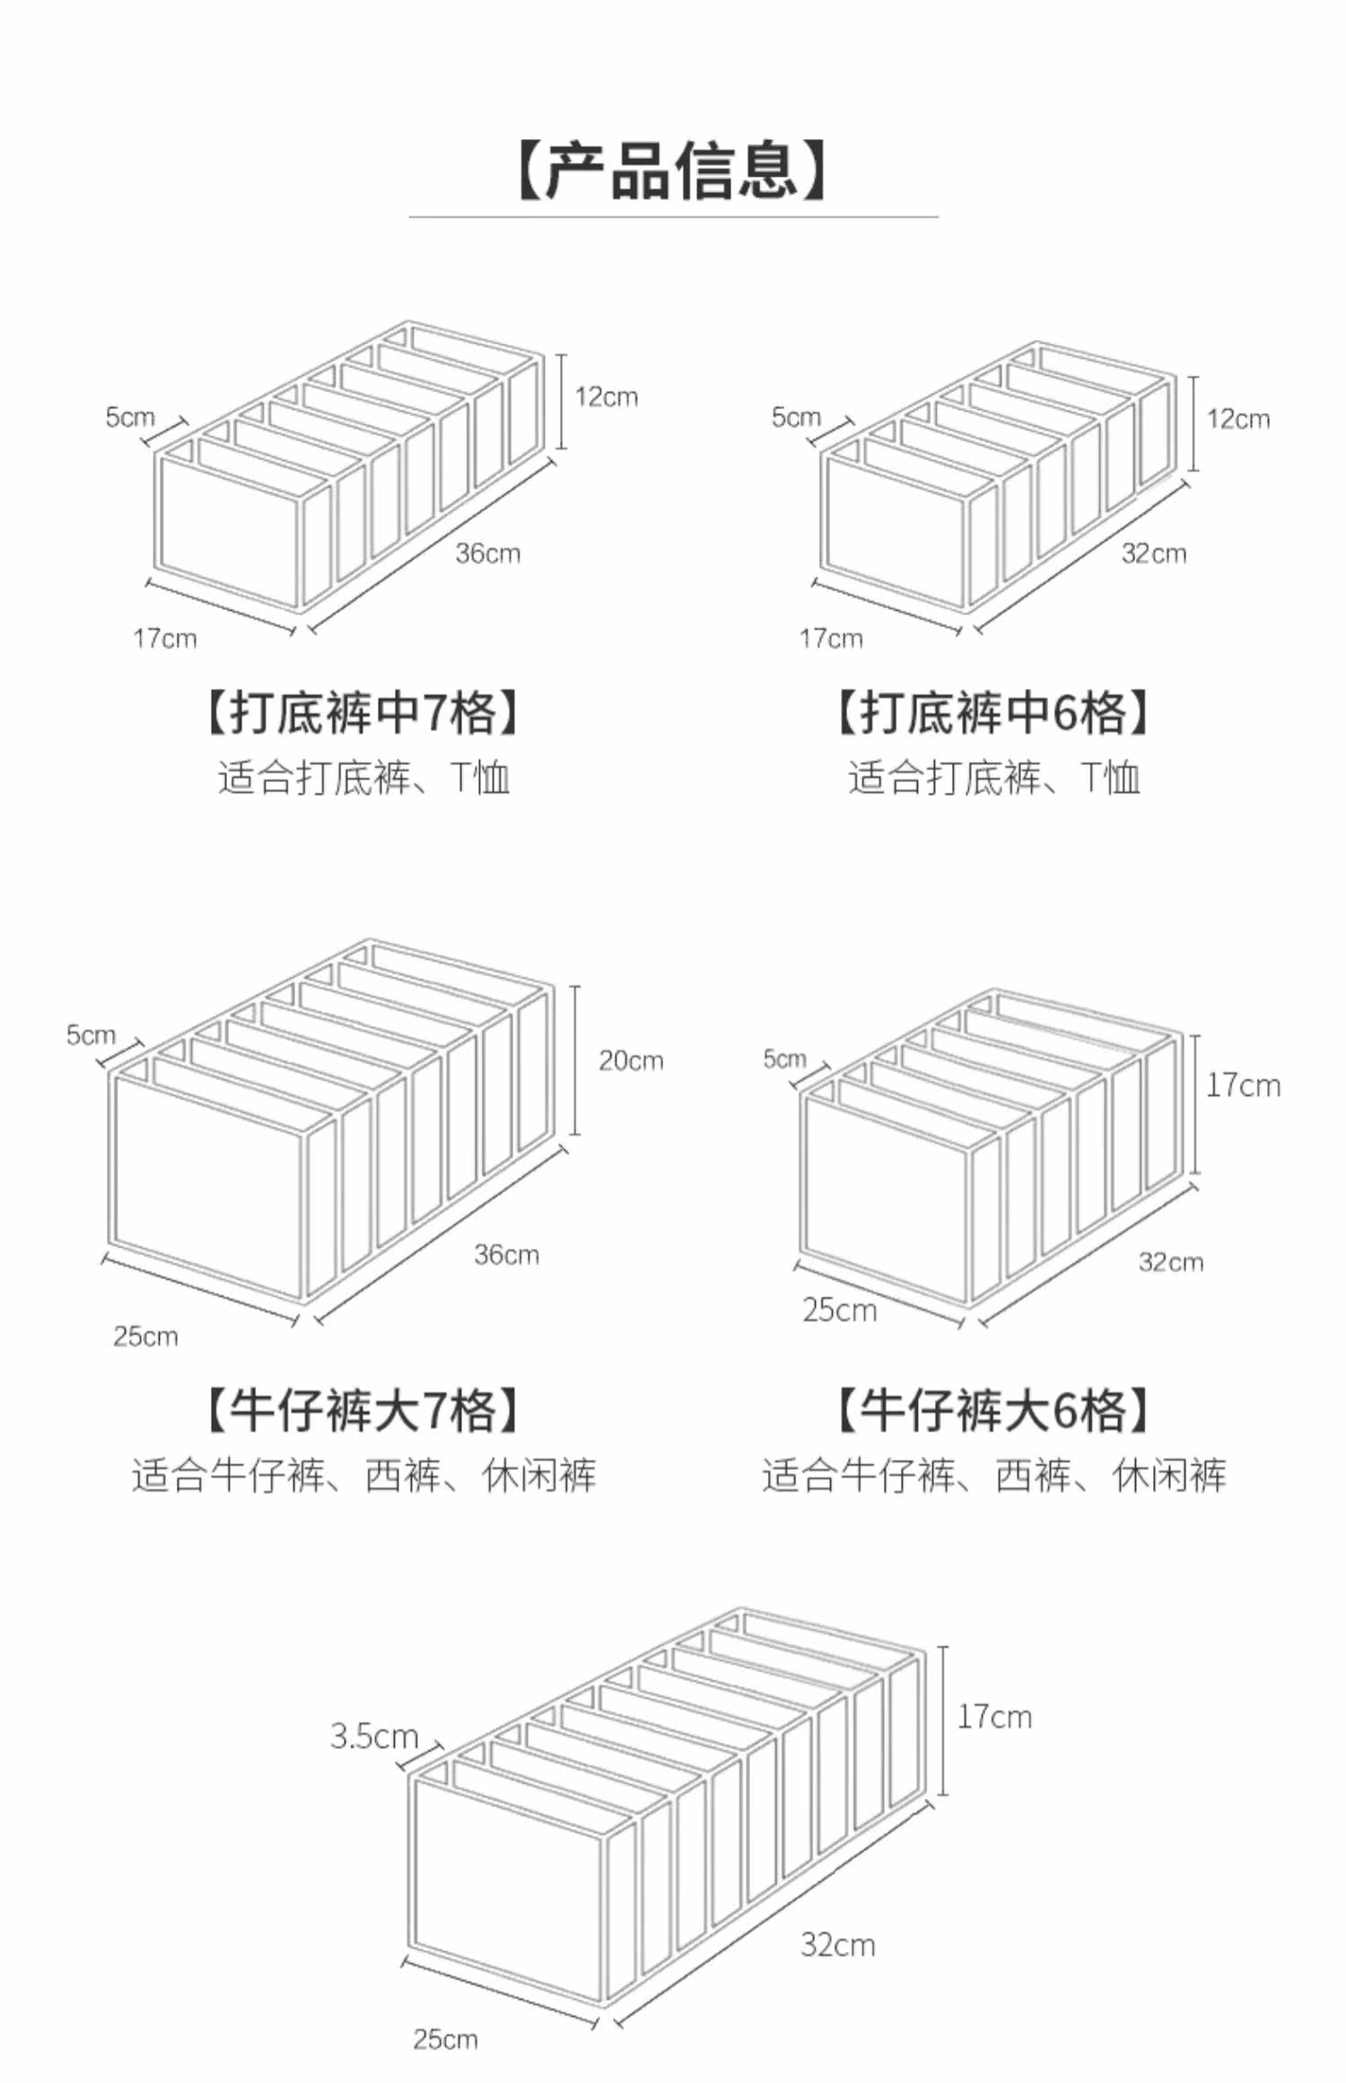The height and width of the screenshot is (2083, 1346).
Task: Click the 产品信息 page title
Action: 672,170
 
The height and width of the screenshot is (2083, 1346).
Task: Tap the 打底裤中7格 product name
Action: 363,713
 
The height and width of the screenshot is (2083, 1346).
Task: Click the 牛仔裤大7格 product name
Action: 363,1410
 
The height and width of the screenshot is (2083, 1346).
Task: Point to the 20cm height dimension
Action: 631,1060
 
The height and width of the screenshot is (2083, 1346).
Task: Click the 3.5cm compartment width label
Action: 374,1736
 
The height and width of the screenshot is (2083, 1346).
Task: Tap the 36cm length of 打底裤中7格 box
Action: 487,553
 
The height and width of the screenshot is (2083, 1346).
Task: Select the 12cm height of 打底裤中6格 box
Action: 1238,419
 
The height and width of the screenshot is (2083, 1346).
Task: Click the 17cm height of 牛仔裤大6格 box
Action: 1243,1085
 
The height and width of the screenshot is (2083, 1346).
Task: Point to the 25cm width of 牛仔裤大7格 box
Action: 145,1337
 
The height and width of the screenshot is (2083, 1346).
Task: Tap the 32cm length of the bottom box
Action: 838,1945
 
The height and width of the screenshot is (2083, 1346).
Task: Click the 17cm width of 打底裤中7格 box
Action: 165,639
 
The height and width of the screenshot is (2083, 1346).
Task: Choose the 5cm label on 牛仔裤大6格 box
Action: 785,1059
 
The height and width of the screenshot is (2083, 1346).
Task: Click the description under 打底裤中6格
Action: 993,777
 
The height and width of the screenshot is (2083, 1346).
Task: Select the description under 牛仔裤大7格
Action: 363,1475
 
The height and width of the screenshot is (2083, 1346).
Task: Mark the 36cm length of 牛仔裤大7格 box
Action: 507,1254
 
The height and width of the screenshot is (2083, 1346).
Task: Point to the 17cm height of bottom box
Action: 994,1716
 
